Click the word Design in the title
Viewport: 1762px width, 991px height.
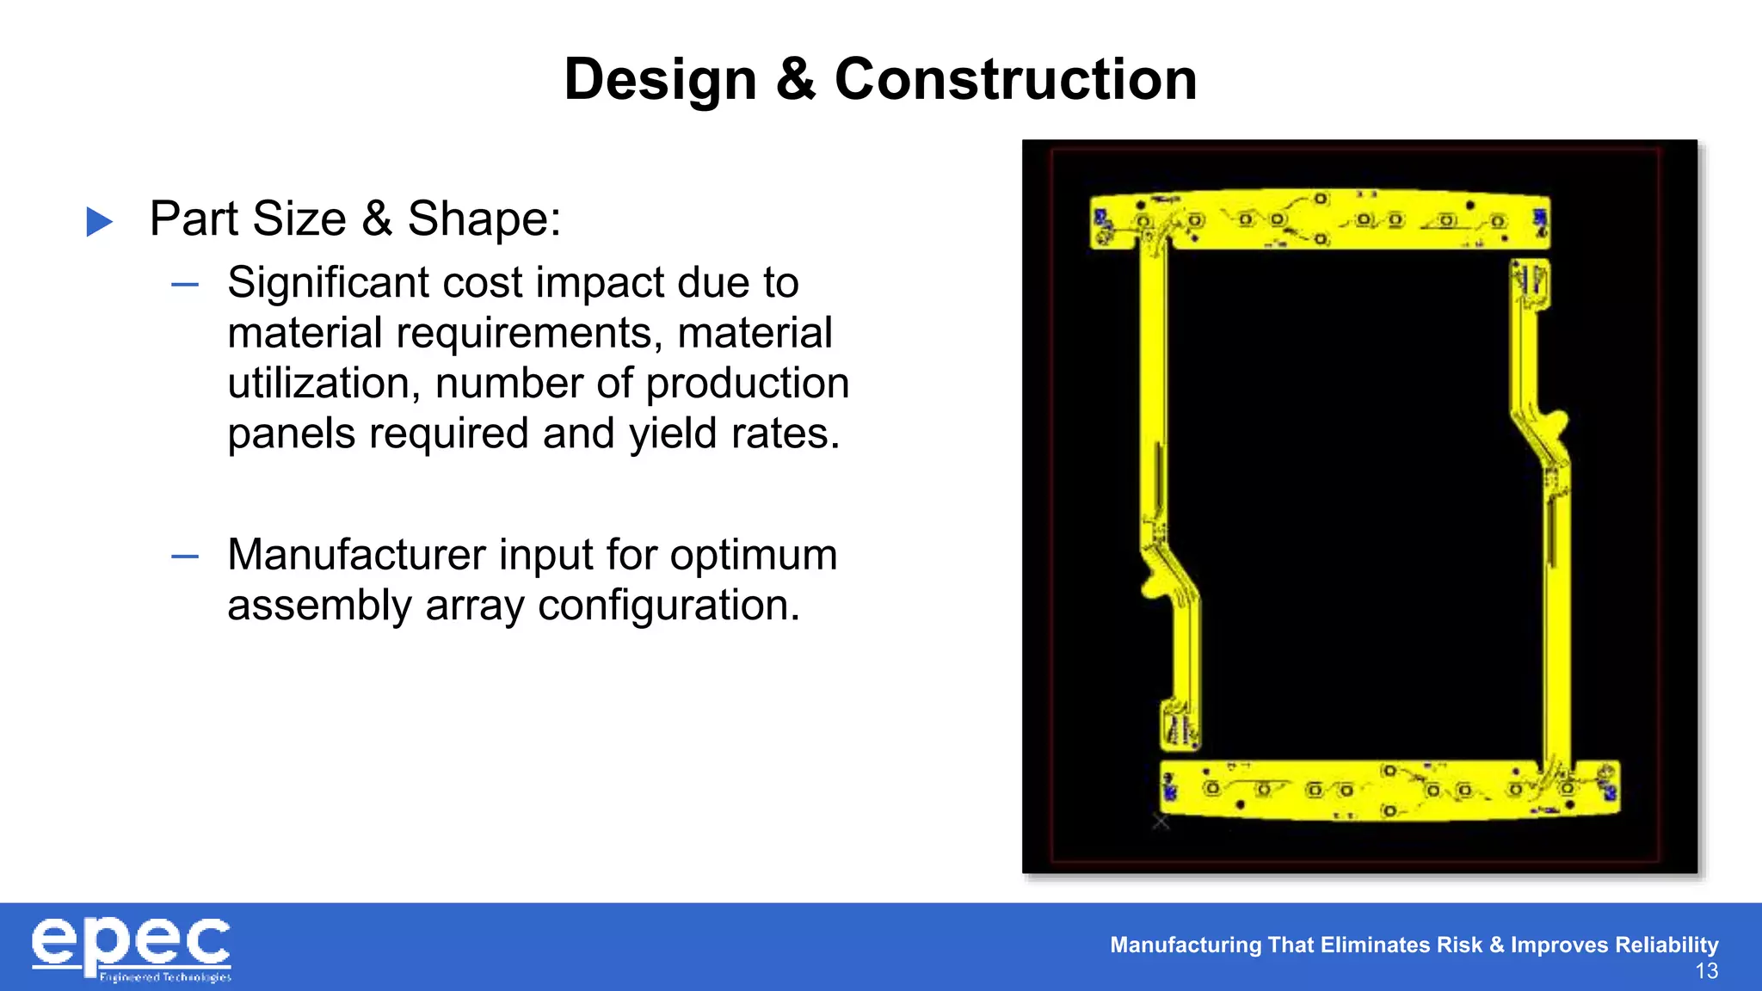point(660,80)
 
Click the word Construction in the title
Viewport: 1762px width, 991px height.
point(1015,80)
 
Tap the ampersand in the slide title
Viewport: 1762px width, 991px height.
point(796,80)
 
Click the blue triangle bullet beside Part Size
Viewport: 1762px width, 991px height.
point(100,222)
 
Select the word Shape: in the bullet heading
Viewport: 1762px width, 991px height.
point(484,219)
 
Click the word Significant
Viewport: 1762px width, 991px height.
point(328,283)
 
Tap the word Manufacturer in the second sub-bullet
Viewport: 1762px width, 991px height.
point(356,555)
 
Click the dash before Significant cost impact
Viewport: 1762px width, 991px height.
point(185,285)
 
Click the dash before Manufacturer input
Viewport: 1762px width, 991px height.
point(185,557)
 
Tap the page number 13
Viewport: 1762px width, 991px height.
point(1706,972)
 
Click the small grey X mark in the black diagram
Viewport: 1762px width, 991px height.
point(1161,822)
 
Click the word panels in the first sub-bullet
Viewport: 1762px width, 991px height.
point(291,434)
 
